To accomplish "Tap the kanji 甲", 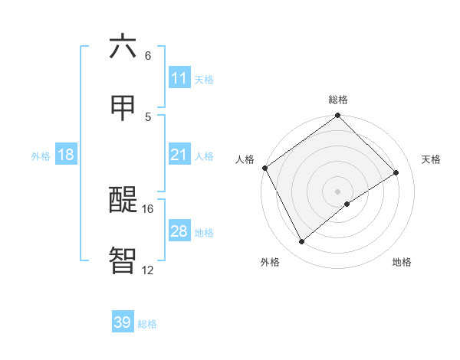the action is coord(123,108).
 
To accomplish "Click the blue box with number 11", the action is coord(179,78).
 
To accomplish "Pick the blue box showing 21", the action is coord(179,155).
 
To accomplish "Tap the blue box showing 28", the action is coord(179,231).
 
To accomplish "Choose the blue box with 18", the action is coord(66,155).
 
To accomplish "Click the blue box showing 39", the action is coord(123,323).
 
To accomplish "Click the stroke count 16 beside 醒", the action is coord(148,208).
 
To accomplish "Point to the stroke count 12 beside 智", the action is coord(148,270).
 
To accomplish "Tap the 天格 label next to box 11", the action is coord(204,79).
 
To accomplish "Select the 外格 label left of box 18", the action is coord(41,156).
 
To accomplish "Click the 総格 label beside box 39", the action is coord(147,324).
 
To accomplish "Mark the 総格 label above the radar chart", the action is coord(338,100).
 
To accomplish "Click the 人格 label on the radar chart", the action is coord(245,159).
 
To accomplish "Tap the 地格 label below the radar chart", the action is coord(402,262).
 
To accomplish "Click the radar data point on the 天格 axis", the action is coord(396,173).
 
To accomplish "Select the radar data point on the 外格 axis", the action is coord(302,242).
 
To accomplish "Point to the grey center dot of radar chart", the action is coord(338,191).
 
